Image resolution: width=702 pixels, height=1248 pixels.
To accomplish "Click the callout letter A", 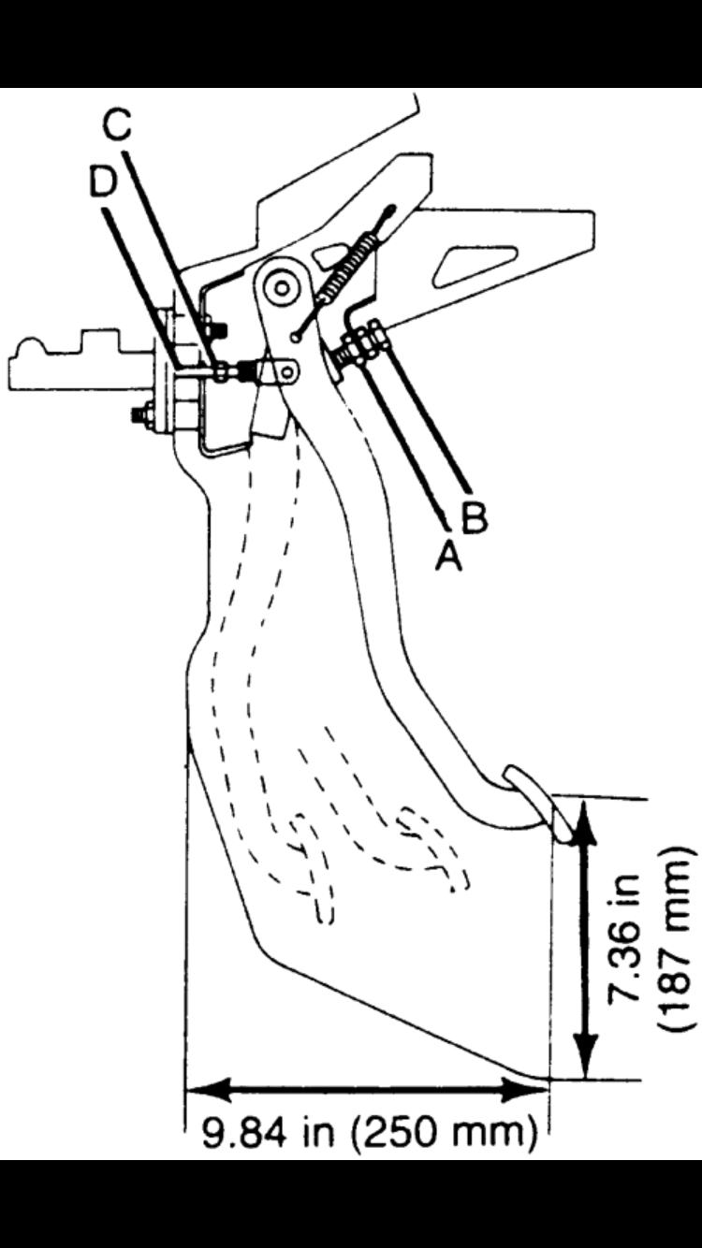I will click(448, 556).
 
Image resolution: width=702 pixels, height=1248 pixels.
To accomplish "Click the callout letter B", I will click(475, 517).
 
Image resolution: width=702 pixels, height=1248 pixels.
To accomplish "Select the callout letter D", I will click(102, 181).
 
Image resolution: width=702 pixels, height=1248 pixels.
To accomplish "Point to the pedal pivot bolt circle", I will click(280, 287).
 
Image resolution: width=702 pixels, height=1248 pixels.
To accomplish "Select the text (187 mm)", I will click(676, 938).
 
